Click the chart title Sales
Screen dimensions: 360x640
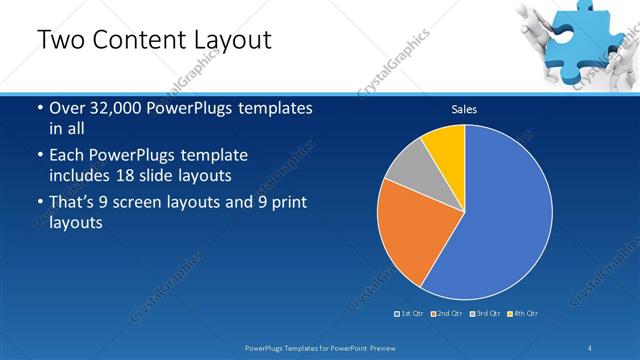click(x=464, y=109)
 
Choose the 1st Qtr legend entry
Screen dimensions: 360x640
click(x=410, y=314)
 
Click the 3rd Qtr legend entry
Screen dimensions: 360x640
click(x=485, y=314)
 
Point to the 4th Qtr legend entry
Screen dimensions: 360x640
click(x=523, y=314)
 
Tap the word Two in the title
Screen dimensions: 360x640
click(x=58, y=40)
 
